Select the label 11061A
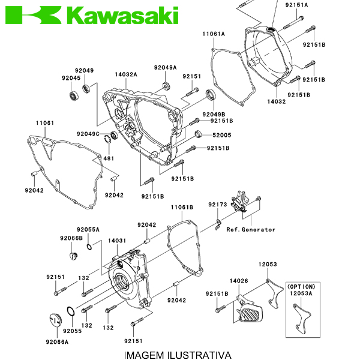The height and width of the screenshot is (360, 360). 213,34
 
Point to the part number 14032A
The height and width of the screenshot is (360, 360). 126,74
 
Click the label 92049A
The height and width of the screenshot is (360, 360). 165,67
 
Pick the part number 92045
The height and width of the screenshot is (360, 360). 70,78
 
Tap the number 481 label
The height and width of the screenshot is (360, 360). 109,158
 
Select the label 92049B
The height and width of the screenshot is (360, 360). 214,114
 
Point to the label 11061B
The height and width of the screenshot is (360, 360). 182,207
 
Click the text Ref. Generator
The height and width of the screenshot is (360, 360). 251,229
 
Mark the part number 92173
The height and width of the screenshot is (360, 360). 218,205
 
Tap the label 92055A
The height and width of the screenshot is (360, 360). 88,230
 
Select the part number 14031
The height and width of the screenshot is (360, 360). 117,241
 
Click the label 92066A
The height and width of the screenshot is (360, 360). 57,342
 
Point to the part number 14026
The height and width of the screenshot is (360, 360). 239,281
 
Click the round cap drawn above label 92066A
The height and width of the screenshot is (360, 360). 55,320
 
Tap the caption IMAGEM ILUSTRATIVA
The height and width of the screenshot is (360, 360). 178,354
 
